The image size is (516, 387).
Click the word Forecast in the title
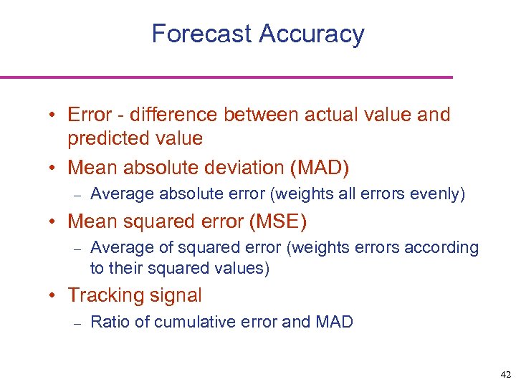pyautogui.click(x=201, y=34)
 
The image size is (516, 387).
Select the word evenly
pyautogui.click(x=441, y=194)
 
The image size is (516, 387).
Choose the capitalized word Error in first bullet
pyautogui.click(x=90, y=115)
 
